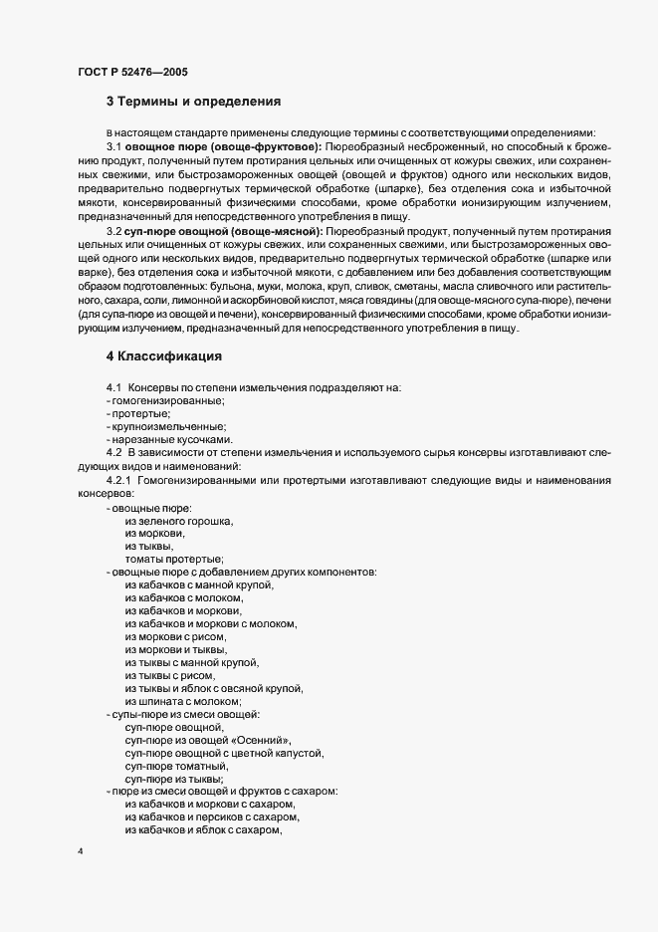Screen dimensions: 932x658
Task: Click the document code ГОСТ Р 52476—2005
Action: tap(131, 72)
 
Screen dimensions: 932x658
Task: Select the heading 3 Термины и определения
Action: tap(193, 101)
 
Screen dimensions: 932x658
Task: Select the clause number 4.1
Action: tap(113, 387)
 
